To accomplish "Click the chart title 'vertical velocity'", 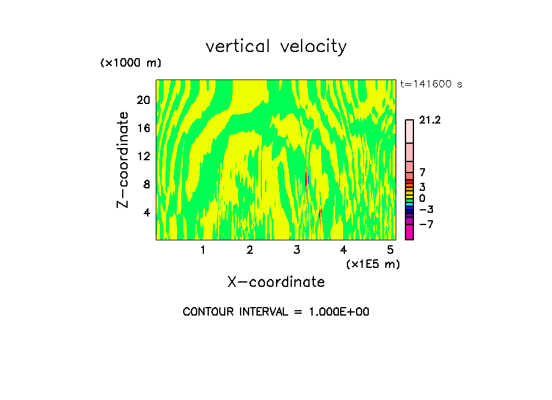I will click(276, 46).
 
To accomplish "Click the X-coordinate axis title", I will click(276, 282).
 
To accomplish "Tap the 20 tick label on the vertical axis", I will click(143, 100).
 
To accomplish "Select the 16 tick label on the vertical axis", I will click(143, 128).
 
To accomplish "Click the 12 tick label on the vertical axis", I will click(143, 156).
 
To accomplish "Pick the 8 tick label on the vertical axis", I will click(147, 184).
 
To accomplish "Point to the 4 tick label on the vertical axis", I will click(147, 212).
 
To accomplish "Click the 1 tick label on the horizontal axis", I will click(203, 250).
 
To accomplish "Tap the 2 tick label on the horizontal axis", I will click(250, 250).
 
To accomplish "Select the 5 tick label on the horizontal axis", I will click(390, 250).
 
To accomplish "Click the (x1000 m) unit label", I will click(131, 63).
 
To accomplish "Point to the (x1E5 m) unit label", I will click(372, 264).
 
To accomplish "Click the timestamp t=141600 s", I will click(430, 84).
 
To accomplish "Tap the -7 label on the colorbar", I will click(426, 224).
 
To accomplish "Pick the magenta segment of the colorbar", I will click(409, 232).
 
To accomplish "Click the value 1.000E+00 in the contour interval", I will click(333, 312).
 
